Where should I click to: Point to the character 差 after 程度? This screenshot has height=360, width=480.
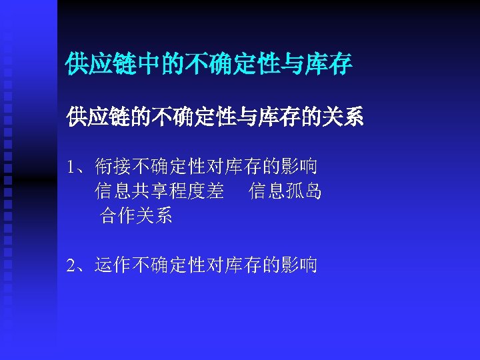click(x=215, y=192)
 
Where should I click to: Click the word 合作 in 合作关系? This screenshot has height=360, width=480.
click(x=117, y=216)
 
